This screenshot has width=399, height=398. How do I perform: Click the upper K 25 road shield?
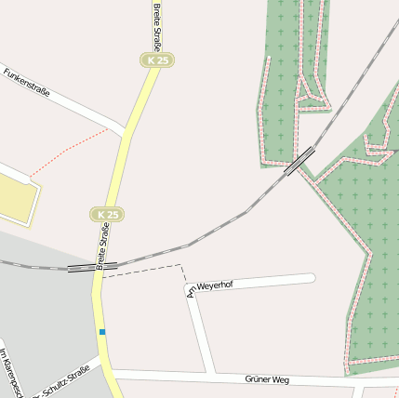tap(158, 60)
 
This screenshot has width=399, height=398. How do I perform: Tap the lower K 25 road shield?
tap(106, 214)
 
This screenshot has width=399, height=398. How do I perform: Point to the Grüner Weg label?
tap(268, 379)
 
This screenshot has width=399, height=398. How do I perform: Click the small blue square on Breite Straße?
tap(102, 332)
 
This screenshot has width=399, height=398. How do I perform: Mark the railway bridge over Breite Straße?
tap(93, 268)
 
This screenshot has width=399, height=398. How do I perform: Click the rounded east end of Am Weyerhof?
tap(312, 277)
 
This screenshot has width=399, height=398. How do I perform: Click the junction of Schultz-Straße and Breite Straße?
tap(98, 357)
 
